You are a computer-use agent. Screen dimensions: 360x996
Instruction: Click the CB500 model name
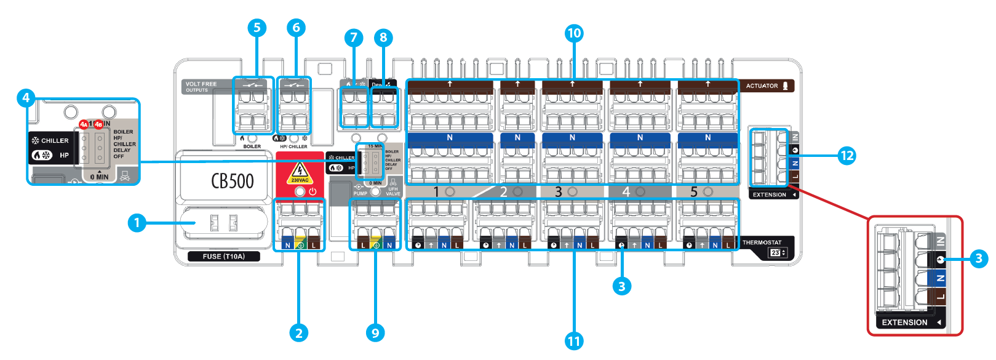tap(233, 180)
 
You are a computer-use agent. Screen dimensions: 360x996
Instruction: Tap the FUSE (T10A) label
tap(224, 257)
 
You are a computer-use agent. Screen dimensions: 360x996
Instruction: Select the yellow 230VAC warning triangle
tap(300, 173)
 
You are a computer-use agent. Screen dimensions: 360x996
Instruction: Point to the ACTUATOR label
tap(762, 86)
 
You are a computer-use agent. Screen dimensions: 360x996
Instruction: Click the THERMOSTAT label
tap(762, 242)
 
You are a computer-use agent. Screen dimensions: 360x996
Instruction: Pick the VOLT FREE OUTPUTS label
tap(201, 87)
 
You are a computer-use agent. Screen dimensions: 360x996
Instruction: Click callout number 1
tap(137, 222)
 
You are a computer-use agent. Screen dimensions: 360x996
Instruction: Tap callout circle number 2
tap(299, 333)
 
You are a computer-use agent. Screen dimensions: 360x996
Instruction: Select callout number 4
tap(26, 98)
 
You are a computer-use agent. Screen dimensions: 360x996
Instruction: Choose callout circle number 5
tap(257, 28)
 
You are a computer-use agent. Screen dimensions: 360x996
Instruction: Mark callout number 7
tap(353, 38)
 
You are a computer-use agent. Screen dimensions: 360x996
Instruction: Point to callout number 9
tap(375, 333)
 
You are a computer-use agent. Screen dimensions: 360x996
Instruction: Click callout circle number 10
tap(574, 33)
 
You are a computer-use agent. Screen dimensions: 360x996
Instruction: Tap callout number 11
tap(574, 340)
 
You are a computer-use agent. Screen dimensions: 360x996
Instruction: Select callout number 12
tap(847, 156)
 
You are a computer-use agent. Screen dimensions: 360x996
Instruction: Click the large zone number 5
tap(694, 192)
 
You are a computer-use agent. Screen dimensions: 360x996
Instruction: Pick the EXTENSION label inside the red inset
tap(904, 322)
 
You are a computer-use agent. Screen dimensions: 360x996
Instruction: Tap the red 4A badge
tap(84, 124)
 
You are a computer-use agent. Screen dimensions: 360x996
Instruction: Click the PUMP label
tap(361, 193)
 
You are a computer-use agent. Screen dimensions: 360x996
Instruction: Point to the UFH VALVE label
tap(392, 191)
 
